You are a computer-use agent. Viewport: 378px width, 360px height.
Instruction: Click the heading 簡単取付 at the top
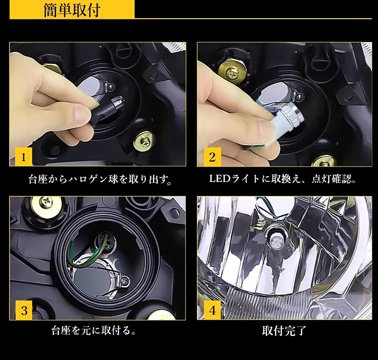pos(72,10)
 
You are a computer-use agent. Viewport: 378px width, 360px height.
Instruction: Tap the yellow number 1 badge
pos(23,157)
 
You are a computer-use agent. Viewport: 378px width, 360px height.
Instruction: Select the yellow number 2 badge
pos(212,157)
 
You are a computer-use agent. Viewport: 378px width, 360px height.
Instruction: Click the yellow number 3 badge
pos(24,311)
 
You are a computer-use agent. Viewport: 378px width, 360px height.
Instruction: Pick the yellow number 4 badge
pos(212,310)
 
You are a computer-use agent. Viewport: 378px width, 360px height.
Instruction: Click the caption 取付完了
pos(284,331)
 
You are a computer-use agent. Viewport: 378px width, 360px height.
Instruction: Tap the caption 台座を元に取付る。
pos(93,330)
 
